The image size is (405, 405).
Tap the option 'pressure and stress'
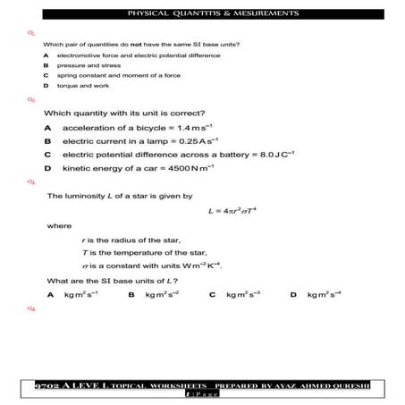(x=89, y=65)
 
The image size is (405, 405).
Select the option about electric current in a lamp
(x=135, y=141)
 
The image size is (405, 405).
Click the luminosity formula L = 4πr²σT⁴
(x=232, y=211)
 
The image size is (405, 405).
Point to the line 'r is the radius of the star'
(x=131, y=240)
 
